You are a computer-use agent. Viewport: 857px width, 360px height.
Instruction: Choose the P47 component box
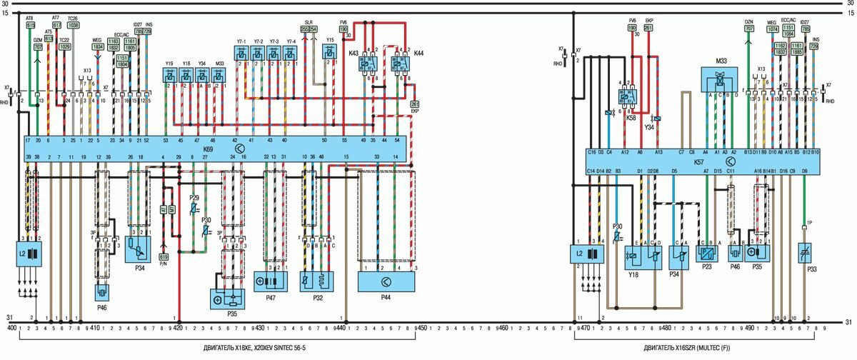pos(271,279)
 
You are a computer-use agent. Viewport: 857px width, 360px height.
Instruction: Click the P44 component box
pos(386,281)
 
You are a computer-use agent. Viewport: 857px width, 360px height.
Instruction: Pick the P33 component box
pos(808,254)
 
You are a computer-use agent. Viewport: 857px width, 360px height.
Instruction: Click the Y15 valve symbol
pos(330,51)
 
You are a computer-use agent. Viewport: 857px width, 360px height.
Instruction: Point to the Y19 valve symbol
pos(169,74)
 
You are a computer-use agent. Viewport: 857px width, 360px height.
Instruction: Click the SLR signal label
pos(309,22)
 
